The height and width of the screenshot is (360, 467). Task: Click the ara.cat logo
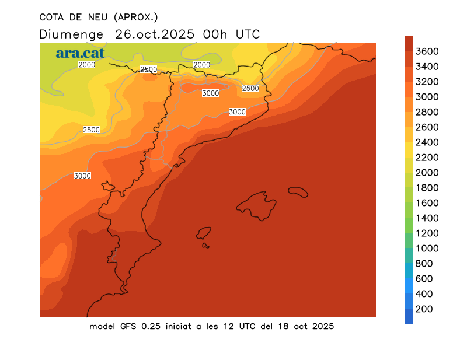(x=80, y=54)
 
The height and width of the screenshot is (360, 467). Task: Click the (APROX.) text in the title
(x=137, y=16)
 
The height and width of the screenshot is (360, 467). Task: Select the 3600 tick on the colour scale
(x=427, y=51)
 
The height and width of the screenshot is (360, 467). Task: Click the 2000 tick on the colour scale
(x=427, y=173)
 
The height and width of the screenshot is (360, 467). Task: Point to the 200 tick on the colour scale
(x=424, y=309)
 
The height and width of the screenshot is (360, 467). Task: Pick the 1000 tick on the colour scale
(x=427, y=249)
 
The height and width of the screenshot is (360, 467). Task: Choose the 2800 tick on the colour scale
(x=427, y=112)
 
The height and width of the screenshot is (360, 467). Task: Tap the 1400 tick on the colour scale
(x=427, y=218)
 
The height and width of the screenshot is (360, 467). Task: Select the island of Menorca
(x=298, y=192)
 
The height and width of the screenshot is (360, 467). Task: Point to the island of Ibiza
(x=204, y=233)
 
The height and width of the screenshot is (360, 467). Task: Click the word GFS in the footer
(x=128, y=326)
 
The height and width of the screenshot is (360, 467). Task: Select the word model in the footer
(x=102, y=326)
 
